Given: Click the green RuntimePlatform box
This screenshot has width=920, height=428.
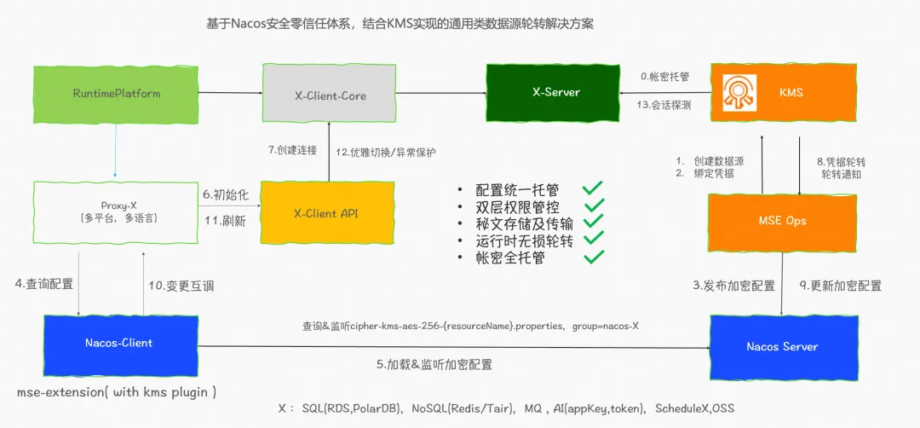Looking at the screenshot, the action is pyautogui.click(x=117, y=93).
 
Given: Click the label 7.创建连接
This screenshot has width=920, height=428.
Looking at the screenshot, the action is pyautogui.click(x=292, y=151).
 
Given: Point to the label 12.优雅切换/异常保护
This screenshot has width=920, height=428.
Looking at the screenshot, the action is pyautogui.click(x=385, y=152).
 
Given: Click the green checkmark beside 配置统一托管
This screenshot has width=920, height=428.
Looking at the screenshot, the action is pyautogui.click(x=592, y=188).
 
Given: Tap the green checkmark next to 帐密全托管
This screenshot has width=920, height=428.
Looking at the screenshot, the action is pyautogui.click(x=592, y=255).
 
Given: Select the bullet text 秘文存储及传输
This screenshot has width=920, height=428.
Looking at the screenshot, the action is pyautogui.click(x=524, y=223).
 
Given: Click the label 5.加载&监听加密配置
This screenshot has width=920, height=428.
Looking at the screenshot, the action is pyautogui.click(x=434, y=364).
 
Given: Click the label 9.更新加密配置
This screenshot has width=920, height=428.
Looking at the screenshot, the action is pyautogui.click(x=841, y=286).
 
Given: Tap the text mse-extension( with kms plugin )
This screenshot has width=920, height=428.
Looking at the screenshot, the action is pyautogui.click(x=117, y=391).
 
